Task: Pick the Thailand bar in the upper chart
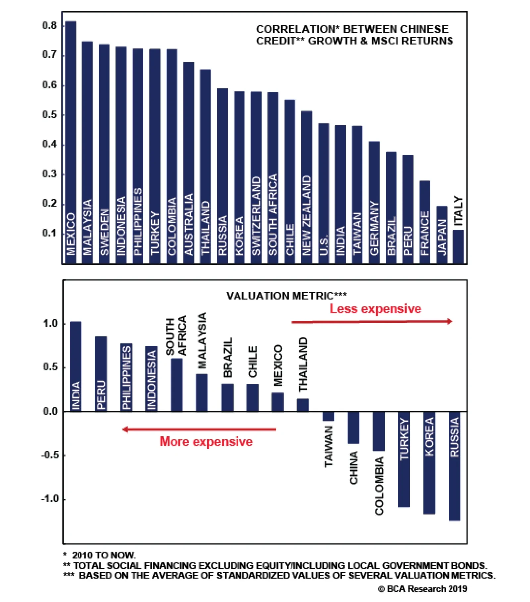pyautogui.click(x=205, y=166)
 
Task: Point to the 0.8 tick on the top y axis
pyautogui.click(x=49, y=26)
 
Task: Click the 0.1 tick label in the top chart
pyautogui.click(x=49, y=233)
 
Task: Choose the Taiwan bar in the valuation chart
pyautogui.click(x=328, y=416)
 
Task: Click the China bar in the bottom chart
pyautogui.click(x=353, y=428)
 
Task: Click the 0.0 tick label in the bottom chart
pyautogui.click(x=50, y=411)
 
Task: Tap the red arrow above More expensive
pyautogui.click(x=199, y=429)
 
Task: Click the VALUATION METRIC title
pyautogui.click(x=286, y=295)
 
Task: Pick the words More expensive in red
pyautogui.click(x=206, y=442)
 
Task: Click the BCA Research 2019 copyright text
pyautogui.click(x=422, y=589)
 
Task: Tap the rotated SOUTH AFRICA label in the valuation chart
pyautogui.click(x=176, y=335)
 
